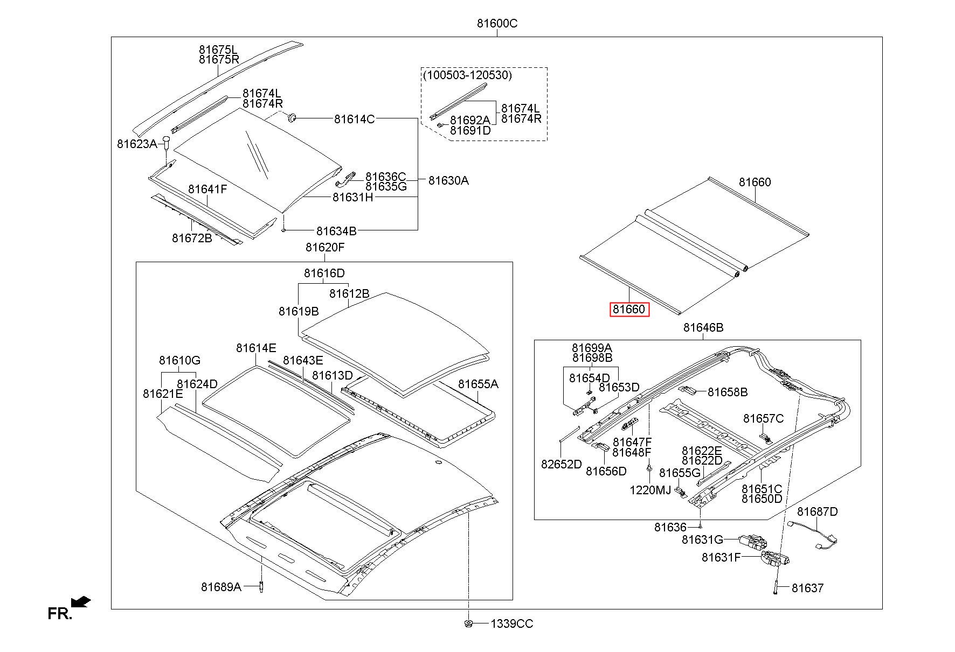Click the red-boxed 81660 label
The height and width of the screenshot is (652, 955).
(x=629, y=310)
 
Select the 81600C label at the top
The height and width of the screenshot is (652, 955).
(x=497, y=24)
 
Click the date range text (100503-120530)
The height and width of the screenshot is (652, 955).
(x=467, y=75)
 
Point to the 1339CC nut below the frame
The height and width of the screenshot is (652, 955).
(x=468, y=623)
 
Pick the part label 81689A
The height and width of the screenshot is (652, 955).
(x=222, y=587)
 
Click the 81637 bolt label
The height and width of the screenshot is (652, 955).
(x=807, y=588)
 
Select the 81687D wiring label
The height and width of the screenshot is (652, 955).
(x=818, y=511)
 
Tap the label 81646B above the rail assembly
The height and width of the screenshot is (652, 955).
(x=703, y=327)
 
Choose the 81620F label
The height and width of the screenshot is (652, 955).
(x=325, y=247)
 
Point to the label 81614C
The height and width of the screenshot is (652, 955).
(x=354, y=119)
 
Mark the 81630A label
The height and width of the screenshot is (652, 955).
(x=448, y=180)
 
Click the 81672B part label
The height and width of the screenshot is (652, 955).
(x=192, y=237)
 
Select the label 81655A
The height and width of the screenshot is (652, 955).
(x=479, y=384)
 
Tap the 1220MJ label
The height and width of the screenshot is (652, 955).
(x=650, y=490)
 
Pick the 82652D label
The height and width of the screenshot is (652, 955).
(x=562, y=464)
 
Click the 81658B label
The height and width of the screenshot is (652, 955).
(x=728, y=392)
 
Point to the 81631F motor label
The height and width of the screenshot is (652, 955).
(x=721, y=557)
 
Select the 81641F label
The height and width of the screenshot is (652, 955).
(x=207, y=189)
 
